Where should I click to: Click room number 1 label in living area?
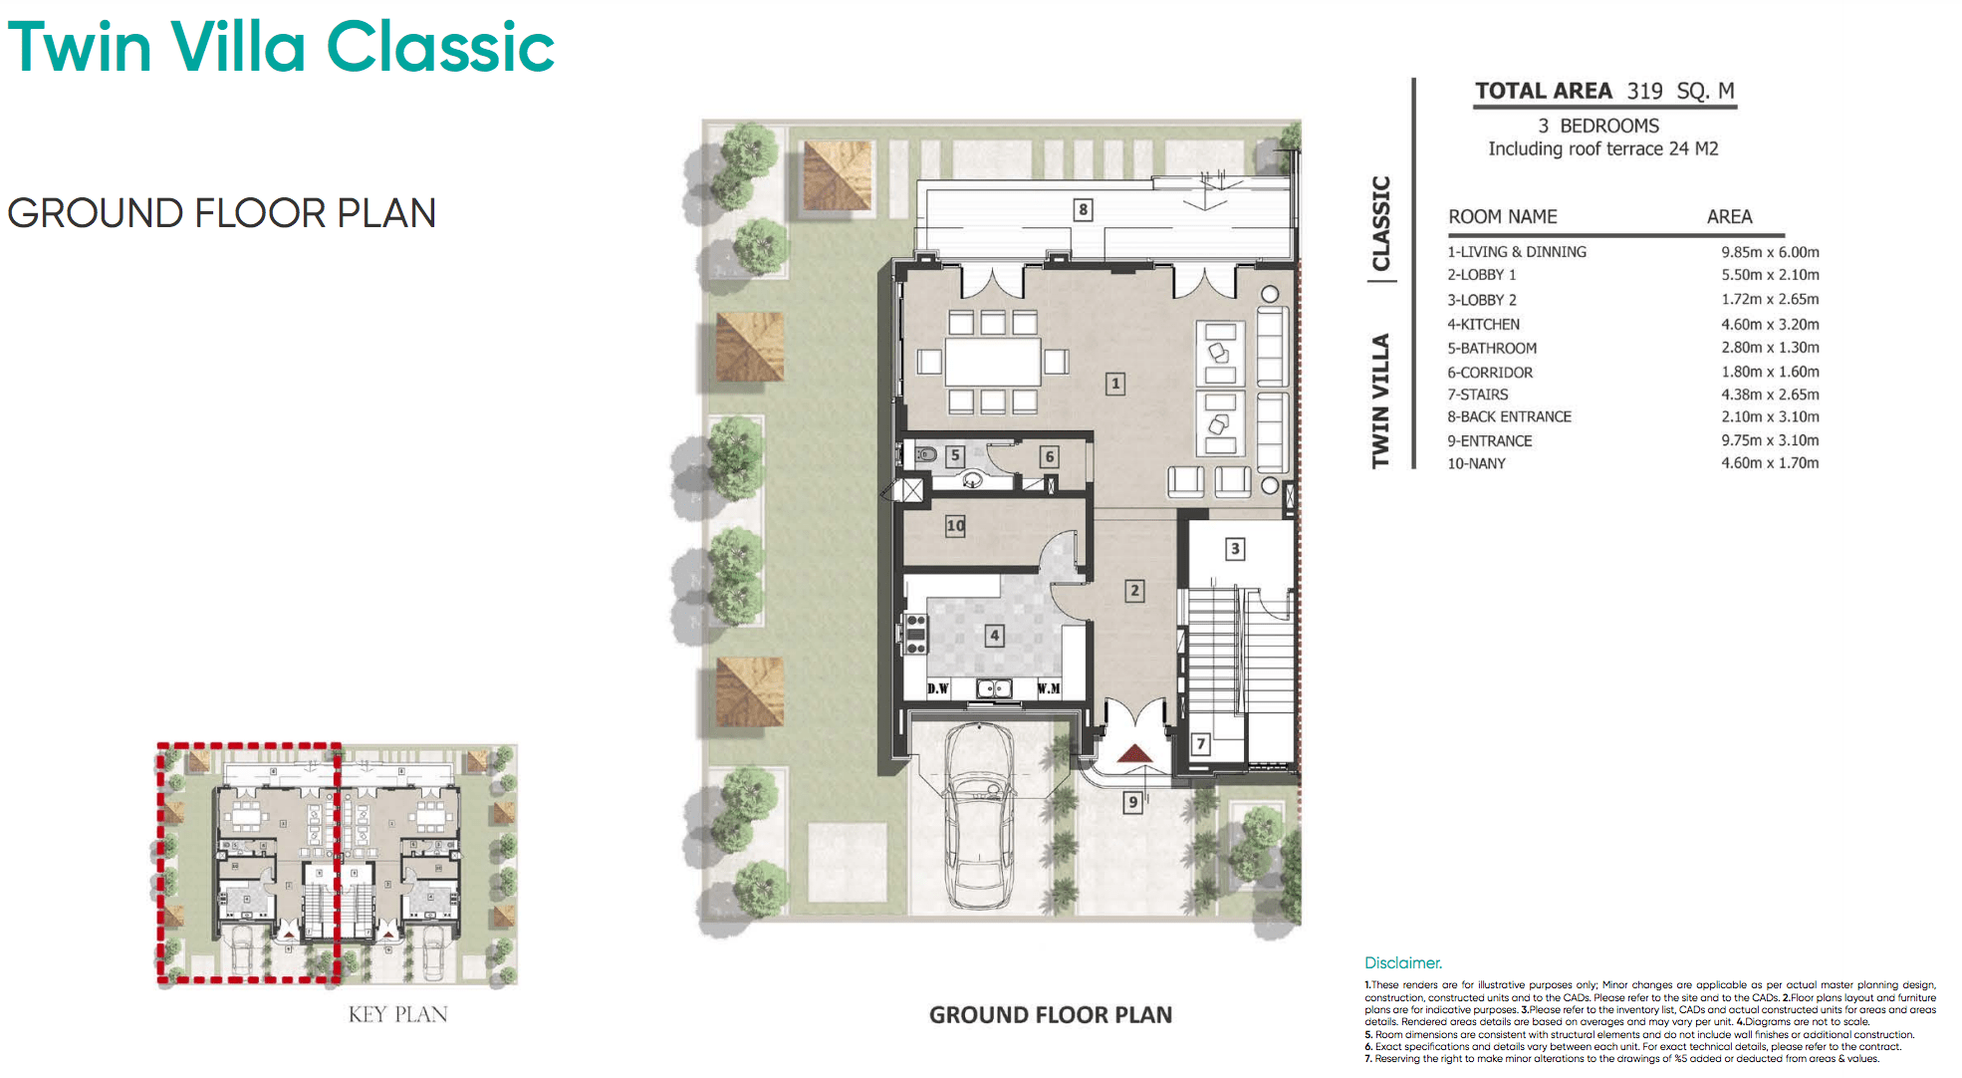(1115, 384)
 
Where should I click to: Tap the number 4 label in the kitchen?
(994, 636)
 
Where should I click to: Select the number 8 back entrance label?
(1083, 209)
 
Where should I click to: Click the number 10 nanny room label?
(955, 525)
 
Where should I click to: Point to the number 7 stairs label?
(1201, 743)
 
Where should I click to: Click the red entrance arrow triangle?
(1134, 753)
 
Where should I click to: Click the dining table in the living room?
(992, 362)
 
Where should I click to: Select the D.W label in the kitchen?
(938, 688)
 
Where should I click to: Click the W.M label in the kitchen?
(1049, 688)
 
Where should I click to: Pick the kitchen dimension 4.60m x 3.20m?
(1770, 324)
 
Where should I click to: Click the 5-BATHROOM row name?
(1492, 348)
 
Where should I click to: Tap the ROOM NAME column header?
(1502, 217)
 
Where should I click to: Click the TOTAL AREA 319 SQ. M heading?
(1604, 91)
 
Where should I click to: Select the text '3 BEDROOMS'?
(1598, 126)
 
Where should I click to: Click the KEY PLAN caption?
(397, 1014)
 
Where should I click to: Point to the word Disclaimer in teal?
(1402, 962)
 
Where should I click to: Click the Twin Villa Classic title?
(281, 47)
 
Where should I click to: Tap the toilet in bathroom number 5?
(925, 454)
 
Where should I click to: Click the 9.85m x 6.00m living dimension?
(1770, 252)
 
